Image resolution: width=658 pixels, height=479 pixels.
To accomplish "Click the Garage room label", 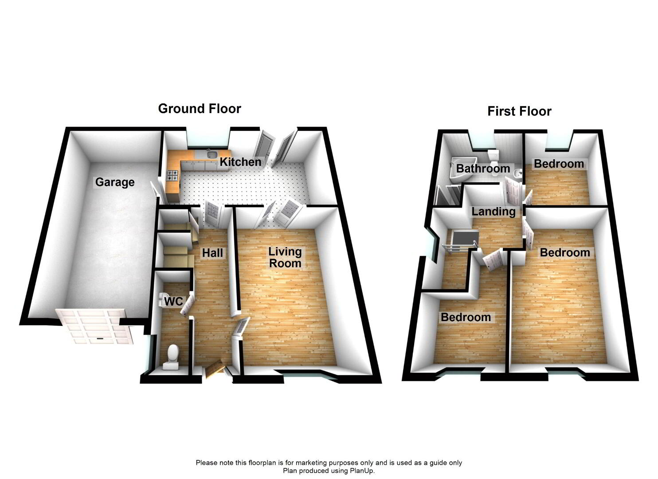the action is pos(115,182).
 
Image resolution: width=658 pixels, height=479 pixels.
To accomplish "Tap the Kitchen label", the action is pos(240,162).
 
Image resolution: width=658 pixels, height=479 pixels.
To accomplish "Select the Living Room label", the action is pos(285,257).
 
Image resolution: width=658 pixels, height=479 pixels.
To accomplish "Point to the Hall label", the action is pos(212,253).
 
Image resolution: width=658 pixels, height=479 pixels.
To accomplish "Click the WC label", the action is pos(174,301).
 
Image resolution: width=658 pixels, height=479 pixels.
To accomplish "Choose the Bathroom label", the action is pos(483,169).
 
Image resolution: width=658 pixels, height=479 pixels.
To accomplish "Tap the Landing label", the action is pos(493,212).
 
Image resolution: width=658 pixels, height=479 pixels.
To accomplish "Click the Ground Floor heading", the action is pos(200,109).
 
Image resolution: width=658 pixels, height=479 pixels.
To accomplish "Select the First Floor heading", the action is pos(519,111).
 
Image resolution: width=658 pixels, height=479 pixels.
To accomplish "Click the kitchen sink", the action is pos(212,154).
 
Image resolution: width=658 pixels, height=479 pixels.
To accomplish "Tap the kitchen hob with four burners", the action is pos(172,176).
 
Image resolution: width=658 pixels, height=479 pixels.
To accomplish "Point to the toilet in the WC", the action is pos(172,358).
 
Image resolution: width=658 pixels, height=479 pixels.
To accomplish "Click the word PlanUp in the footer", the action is pos(362,471).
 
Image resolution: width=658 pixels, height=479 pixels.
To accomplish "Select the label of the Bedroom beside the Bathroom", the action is pos(559,164).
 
